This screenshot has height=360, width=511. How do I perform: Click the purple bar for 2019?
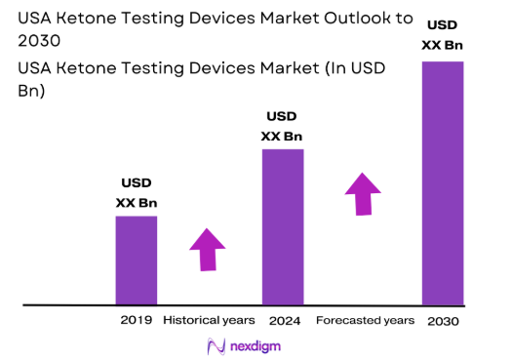pos(136,260)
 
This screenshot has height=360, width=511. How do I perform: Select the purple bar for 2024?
pos(283,226)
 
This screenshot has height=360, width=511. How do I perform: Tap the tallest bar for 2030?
pos(441,182)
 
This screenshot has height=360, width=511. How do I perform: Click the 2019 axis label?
pos(136,320)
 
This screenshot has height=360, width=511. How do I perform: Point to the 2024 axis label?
pos(283,320)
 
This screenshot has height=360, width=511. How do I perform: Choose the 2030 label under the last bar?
pos(442,321)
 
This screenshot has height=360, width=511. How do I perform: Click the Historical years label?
pos(209,320)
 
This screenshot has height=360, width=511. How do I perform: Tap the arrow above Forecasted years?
pos(363,193)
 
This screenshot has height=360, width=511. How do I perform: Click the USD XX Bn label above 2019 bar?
pos(136,193)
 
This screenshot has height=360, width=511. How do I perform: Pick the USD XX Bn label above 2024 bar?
pos(282,127)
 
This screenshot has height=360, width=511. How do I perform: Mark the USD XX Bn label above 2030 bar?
pos(441,36)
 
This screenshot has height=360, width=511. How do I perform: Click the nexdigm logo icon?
pos(217,346)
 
